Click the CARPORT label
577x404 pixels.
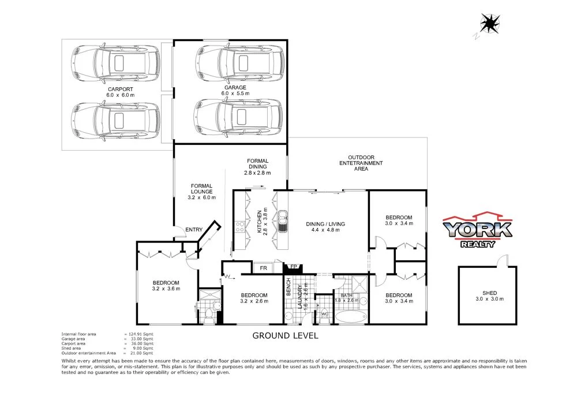(120, 89)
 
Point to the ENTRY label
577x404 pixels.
(194, 230)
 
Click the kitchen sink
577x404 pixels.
(283, 220)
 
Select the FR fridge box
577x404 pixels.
(263, 268)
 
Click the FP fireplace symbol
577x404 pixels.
(293, 267)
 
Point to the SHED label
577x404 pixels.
(489, 293)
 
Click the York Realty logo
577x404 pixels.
(477, 231)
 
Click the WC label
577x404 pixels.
(324, 314)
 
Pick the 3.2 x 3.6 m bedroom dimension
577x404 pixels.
(166, 289)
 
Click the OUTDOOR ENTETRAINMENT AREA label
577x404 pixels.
(361, 163)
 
